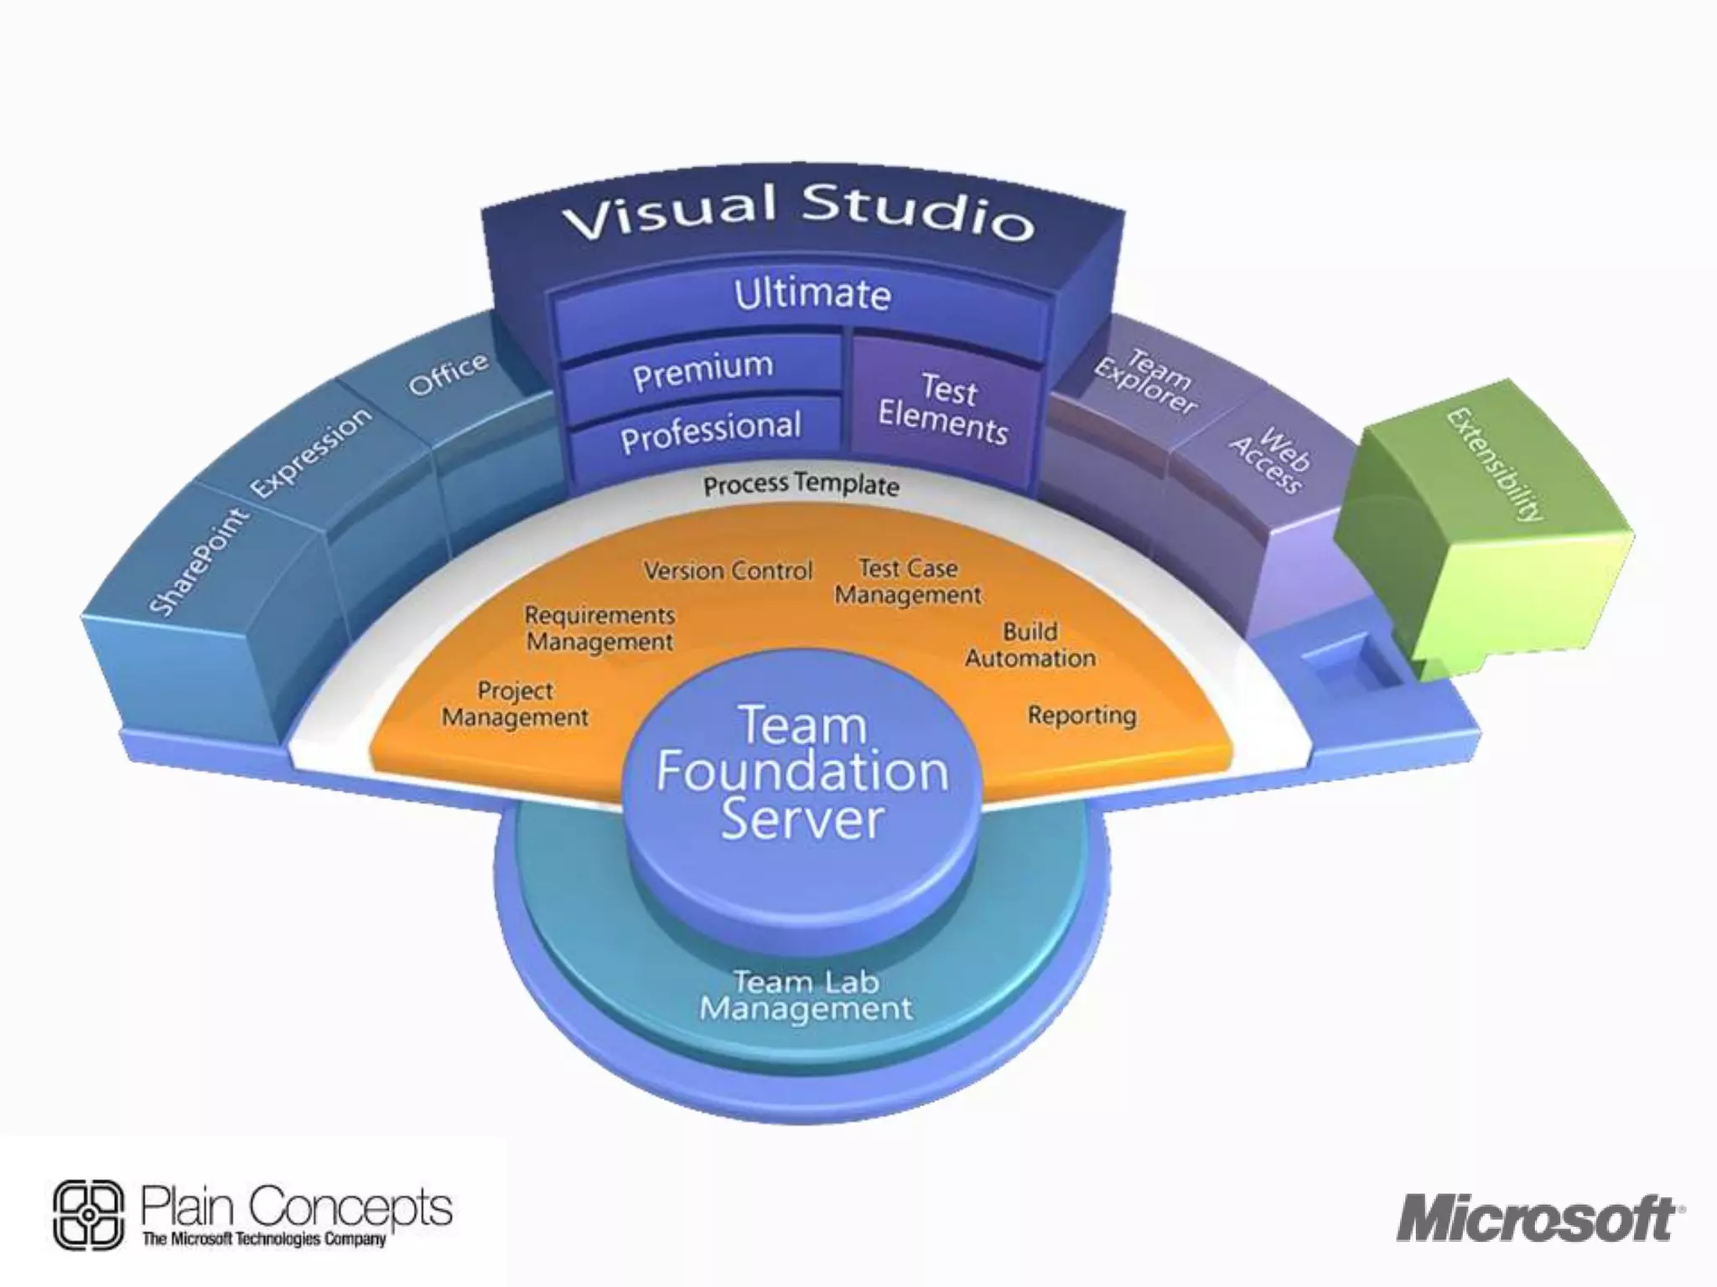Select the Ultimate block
point(812,295)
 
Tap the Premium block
point(703,370)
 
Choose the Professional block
point(710,431)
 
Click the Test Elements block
point(944,408)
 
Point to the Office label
point(448,374)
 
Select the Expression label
point(311,452)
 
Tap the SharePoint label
point(199,561)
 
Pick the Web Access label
point(1271,460)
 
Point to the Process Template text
point(801,485)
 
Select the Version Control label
point(728,571)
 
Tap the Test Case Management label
point(908,581)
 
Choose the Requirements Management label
point(599,628)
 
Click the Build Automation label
point(1030,645)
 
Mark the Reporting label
point(1082,716)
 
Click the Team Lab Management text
point(806,995)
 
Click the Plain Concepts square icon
point(88,1216)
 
